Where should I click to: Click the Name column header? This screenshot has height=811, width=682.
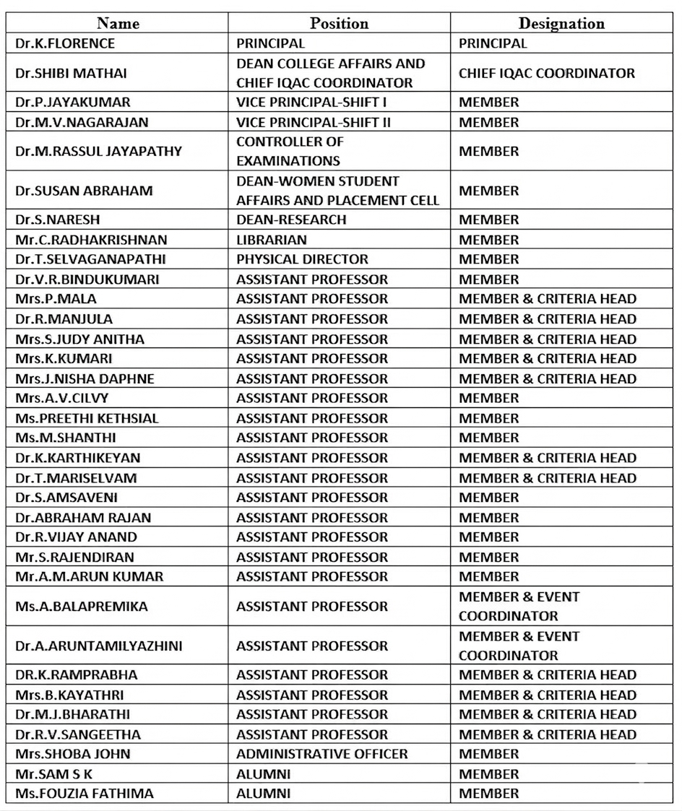pyautogui.click(x=118, y=23)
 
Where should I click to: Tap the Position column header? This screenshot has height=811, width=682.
pyautogui.click(x=339, y=23)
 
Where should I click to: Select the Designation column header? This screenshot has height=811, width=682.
pyautogui.click(x=561, y=23)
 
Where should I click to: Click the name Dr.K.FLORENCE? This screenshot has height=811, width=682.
pyautogui.click(x=65, y=43)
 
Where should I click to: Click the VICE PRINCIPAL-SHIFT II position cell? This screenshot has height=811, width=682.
pyautogui.click(x=314, y=122)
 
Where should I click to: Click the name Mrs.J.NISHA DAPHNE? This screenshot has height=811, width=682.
pyautogui.click(x=85, y=378)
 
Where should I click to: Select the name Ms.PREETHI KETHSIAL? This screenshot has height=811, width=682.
pyautogui.click(x=87, y=418)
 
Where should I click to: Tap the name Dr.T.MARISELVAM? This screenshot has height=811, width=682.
pyautogui.click(x=76, y=477)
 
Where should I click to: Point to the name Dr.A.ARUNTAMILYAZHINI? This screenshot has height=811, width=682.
pyautogui.click(x=98, y=646)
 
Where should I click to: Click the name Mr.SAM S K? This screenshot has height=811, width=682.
pyautogui.click(x=54, y=773)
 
